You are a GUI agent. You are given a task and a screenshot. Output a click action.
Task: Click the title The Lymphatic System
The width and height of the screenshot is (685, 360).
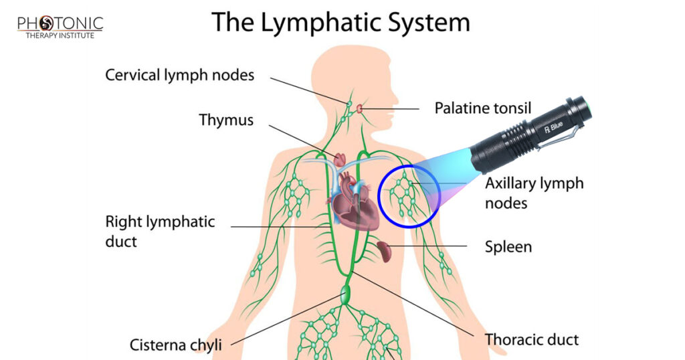pyautogui.click(x=341, y=23)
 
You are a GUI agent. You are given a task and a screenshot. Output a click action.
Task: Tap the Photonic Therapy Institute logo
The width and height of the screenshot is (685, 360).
pyautogui.click(x=60, y=27)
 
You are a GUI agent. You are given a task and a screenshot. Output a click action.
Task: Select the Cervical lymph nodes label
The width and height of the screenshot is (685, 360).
pyautogui.click(x=180, y=75)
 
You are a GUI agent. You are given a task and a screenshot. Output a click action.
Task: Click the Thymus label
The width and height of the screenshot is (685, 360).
pyautogui.click(x=226, y=120)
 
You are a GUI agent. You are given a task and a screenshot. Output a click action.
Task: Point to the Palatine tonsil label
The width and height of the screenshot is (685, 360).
pyautogui.click(x=482, y=108)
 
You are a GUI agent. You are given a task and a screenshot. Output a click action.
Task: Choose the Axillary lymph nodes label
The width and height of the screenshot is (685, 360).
pyautogui.click(x=534, y=192)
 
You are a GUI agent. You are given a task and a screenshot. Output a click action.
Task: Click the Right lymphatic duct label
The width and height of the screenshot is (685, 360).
pyautogui.click(x=160, y=231)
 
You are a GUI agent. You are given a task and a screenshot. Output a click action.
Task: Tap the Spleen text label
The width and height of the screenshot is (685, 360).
pyautogui.click(x=508, y=247)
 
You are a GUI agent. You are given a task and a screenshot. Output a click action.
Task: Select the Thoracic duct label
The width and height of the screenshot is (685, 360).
pyautogui.click(x=532, y=339)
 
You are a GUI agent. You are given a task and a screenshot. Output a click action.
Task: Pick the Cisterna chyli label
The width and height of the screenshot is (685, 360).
pyautogui.click(x=175, y=345)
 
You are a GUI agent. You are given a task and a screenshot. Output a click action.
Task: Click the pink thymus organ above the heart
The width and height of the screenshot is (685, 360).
pyautogui.click(x=340, y=159)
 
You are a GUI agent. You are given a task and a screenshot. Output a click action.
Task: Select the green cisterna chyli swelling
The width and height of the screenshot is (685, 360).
pyautogui.click(x=346, y=294)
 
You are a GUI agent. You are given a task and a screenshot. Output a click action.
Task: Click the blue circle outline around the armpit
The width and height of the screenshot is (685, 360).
pyautogui.click(x=379, y=197)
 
